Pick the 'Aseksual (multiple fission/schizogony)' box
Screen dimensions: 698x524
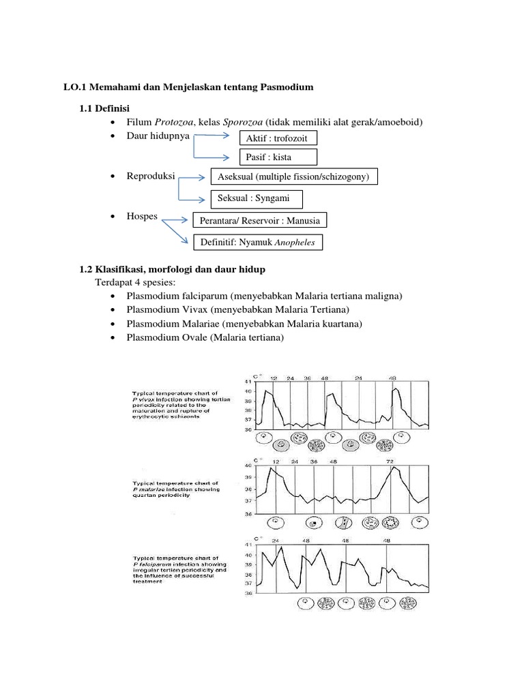(294, 177)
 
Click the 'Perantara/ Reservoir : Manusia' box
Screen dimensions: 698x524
(260, 221)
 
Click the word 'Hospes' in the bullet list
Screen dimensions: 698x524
(142, 217)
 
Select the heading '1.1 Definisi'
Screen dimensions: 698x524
(105, 108)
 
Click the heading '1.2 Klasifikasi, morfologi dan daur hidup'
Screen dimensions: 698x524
(173, 270)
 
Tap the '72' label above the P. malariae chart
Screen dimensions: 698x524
(392, 461)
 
